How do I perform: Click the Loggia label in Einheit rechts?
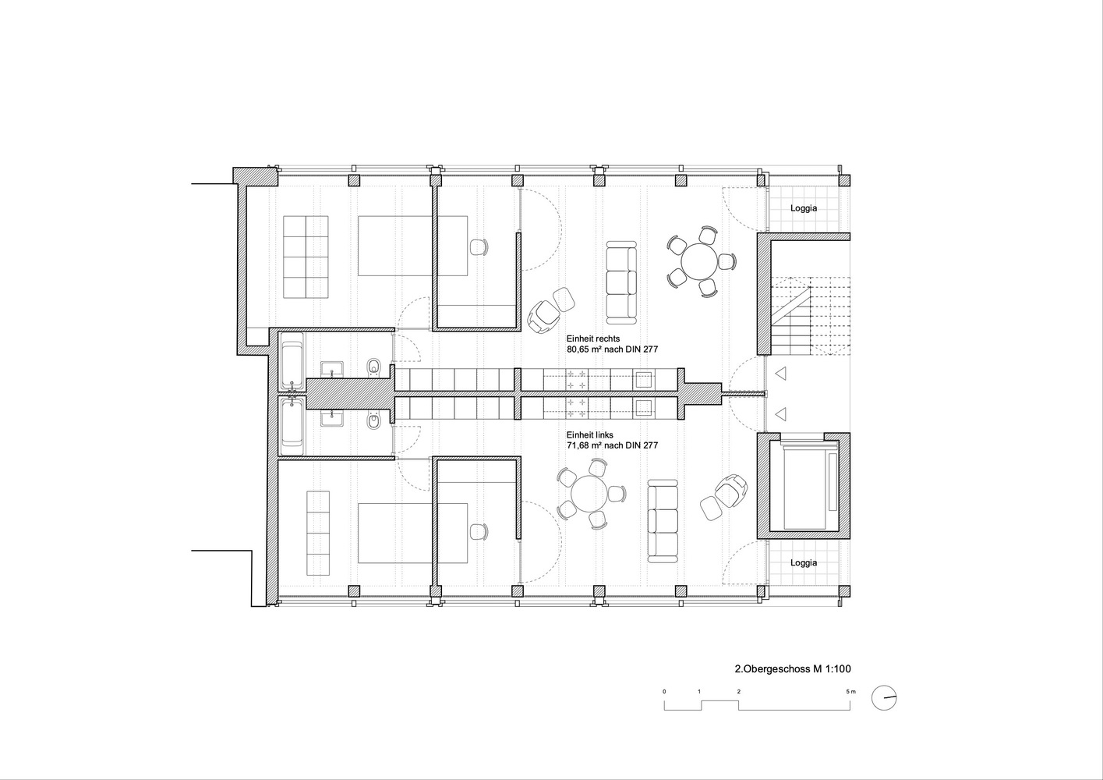(804, 208)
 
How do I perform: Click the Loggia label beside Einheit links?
(804, 562)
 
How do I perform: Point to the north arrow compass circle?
(884, 698)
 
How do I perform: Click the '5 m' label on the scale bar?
(851, 691)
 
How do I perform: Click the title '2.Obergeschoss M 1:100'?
(793, 668)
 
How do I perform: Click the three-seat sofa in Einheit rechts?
(621, 282)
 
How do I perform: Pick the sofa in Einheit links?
(663, 521)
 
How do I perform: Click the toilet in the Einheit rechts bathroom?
(373, 366)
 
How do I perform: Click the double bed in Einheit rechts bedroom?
(412, 246)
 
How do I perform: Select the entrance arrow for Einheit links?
(780, 414)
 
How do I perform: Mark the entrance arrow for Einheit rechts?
(780, 374)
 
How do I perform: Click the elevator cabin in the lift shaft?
(803, 485)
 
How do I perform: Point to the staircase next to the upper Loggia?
(810, 315)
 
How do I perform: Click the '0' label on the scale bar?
(664, 691)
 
